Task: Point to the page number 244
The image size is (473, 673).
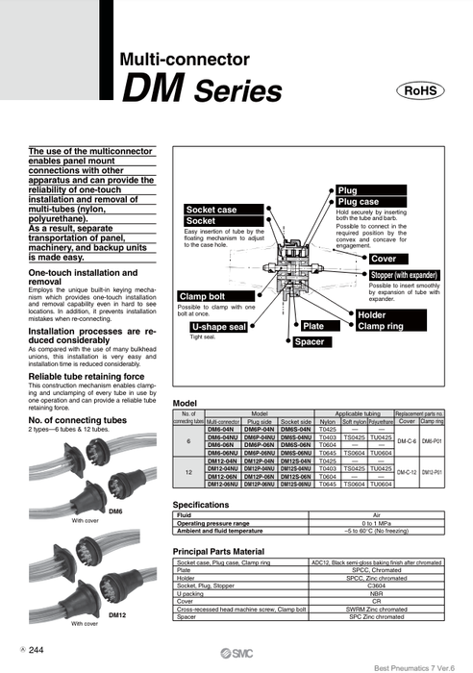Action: point(37,650)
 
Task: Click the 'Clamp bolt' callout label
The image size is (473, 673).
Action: point(202,295)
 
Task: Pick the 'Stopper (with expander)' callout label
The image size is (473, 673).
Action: point(410,275)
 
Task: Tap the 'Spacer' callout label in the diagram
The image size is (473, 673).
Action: point(310,341)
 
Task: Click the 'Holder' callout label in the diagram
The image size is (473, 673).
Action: point(371,314)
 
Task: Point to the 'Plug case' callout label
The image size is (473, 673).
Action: point(358,202)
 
